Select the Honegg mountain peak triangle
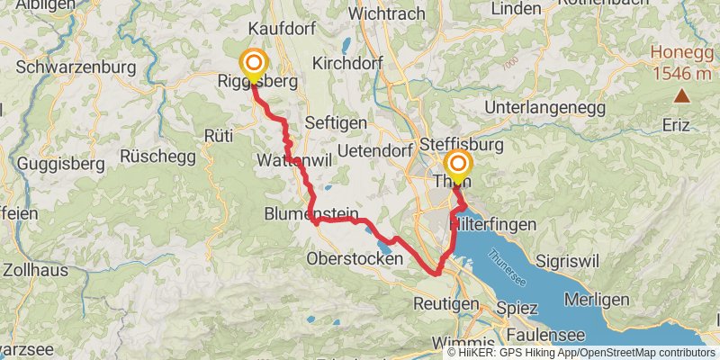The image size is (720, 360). tap(682, 95)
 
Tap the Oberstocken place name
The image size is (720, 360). tap(355, 258)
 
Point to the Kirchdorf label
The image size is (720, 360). tap(347, 63)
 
